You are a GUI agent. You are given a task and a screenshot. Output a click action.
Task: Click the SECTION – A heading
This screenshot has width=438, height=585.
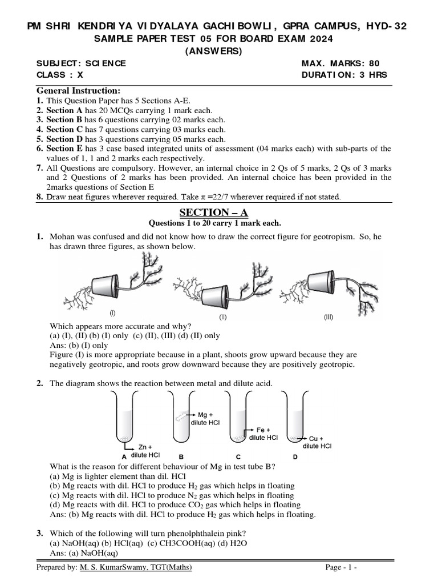tap(214, 213)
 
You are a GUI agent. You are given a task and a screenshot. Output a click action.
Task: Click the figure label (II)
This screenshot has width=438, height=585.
tap(223, 316)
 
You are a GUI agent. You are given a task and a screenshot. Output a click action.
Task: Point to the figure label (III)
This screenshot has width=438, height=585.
tap(328, 317)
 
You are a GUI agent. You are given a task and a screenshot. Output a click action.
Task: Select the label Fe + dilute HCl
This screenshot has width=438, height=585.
tap(263, 434)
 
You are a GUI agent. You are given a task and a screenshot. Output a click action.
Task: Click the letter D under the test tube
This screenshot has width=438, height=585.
tap(295, 457)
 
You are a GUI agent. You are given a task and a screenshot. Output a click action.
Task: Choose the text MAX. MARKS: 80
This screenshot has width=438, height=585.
tap(340, 63)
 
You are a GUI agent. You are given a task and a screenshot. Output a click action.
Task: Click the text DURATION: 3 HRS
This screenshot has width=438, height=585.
tap(344, 75)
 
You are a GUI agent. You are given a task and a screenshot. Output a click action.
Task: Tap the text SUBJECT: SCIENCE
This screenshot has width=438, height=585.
tap(82, 63)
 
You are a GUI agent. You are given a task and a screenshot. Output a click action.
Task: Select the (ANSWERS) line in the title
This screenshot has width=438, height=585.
tap(214, 51)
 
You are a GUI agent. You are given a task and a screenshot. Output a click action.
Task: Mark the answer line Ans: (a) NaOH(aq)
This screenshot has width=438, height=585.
tap(84, 553)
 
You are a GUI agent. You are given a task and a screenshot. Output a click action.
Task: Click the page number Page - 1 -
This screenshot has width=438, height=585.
tap(341, 567)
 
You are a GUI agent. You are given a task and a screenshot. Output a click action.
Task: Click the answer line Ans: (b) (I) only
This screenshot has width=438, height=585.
tap(79, 345)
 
